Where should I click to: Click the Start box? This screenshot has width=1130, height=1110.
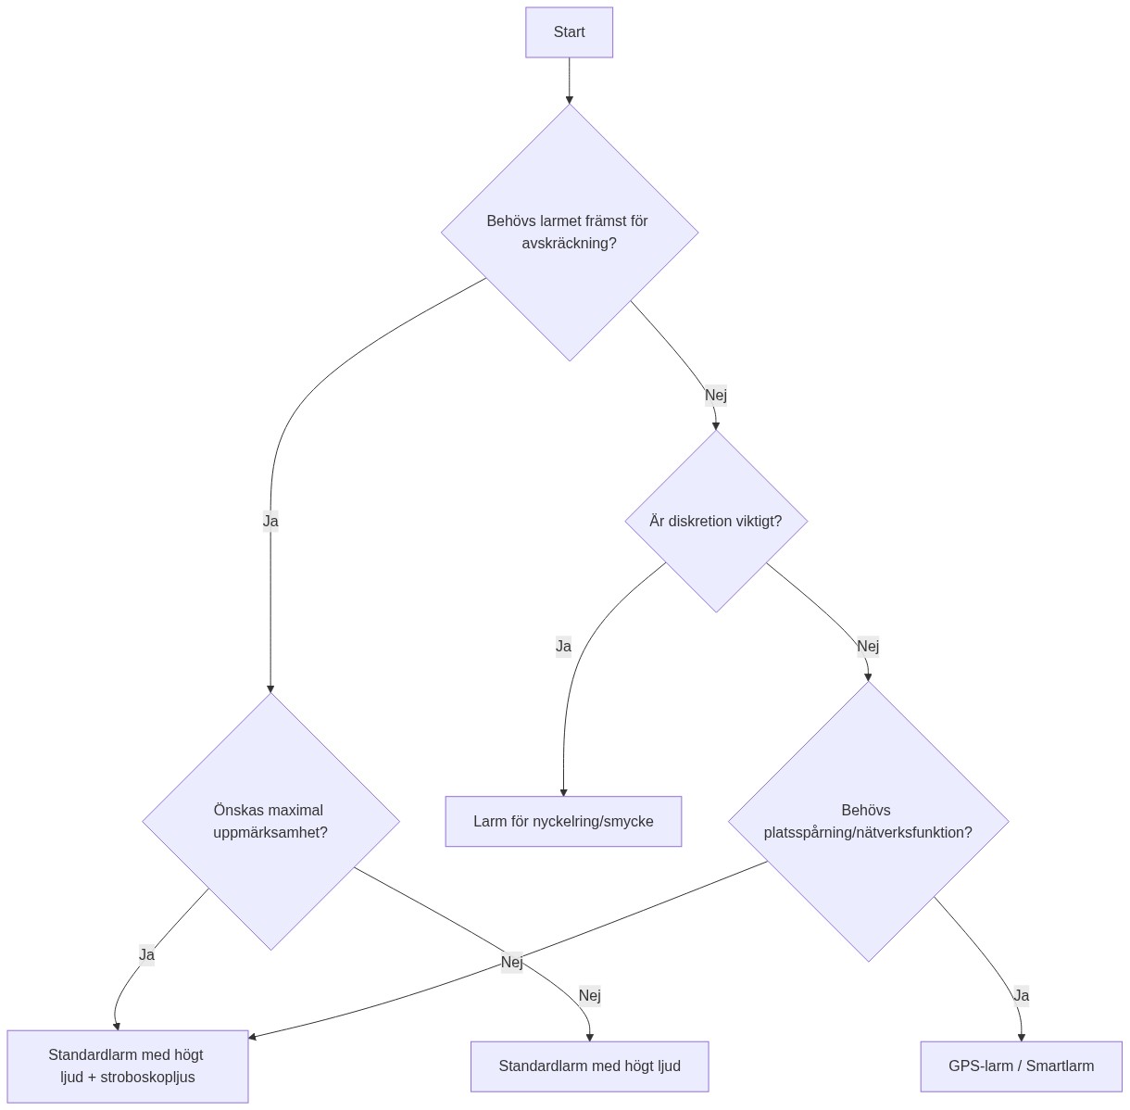point(569,32)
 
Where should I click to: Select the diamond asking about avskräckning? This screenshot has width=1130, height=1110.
point(569,232)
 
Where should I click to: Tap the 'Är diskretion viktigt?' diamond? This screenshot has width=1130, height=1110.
point(716,521)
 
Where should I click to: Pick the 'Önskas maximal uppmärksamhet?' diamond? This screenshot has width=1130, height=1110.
point(270,821)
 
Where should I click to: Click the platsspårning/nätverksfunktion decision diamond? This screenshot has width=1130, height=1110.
point(868,821)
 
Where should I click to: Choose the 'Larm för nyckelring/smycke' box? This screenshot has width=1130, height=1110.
point(563,821)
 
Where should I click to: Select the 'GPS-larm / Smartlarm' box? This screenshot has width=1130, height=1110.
point(1021,1066)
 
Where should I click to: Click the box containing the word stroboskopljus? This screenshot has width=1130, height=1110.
point(127,1066)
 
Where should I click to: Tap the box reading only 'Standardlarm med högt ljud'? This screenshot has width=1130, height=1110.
point(589,1066)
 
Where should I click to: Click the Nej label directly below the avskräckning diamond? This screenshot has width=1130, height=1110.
point(716,396)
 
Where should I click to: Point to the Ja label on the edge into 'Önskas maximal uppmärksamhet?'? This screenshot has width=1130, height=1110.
point(270,521)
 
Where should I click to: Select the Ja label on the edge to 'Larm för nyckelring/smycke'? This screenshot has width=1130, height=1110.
point(563,646)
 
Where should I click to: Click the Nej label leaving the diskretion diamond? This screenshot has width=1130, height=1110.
point(868,646)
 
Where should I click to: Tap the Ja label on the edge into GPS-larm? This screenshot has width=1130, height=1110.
point(1021,995)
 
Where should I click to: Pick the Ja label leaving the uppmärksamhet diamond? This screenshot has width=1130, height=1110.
point(146,954)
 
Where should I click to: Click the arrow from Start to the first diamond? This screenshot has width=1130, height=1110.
point(569,81)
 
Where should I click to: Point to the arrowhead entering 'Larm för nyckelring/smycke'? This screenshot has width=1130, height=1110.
point(563,791)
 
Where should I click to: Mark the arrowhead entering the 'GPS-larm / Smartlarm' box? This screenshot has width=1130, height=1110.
point(1021,1036)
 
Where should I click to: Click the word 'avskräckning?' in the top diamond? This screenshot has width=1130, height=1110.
point(569,244)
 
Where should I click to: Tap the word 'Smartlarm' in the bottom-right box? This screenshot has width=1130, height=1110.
point(1060,1066)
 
